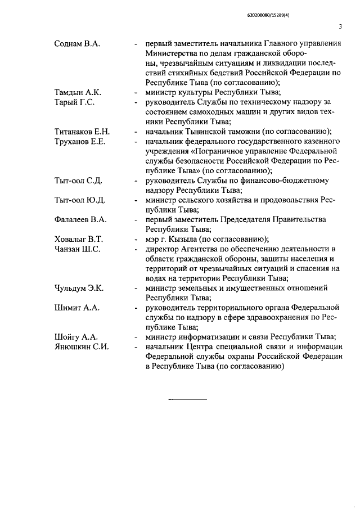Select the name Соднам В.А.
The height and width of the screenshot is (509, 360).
[77, 44]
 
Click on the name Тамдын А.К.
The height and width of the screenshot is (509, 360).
[78, 93]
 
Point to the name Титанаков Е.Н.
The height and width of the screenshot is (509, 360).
[82, 132]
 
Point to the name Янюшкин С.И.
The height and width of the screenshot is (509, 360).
[81, 346]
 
